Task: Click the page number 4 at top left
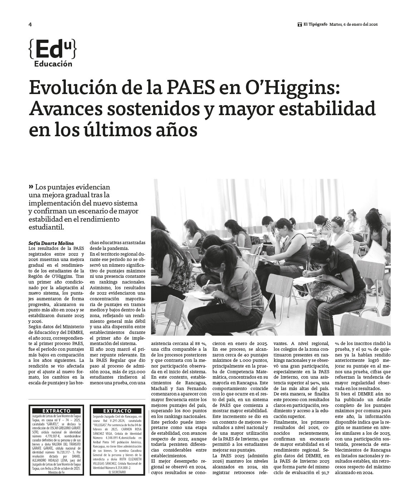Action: (x=30, y=25)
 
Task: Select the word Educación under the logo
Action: (x=53, y=64)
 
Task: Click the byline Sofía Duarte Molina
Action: (x=51, y=243)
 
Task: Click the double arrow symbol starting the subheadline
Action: (x=31, y=187)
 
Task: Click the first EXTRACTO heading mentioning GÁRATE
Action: (x=56, y=411)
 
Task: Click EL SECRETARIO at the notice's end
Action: (x=117, y=472)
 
